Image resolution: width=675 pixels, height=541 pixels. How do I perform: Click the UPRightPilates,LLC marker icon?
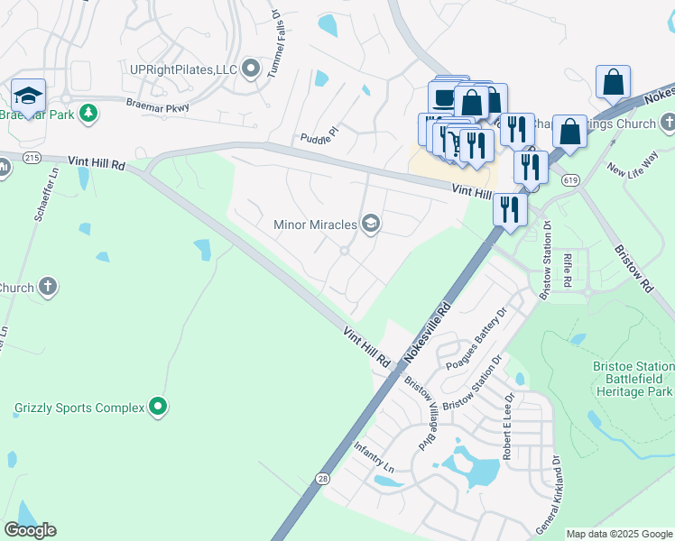pos(250,69)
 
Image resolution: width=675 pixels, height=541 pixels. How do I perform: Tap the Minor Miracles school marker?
pos(370,224)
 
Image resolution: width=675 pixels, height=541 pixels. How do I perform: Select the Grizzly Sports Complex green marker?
pos(158,408)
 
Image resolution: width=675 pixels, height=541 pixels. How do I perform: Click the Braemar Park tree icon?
pos(88,113)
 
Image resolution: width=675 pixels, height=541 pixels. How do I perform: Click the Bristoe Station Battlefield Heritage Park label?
pos(633,379)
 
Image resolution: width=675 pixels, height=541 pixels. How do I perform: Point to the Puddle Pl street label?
pos(319,135)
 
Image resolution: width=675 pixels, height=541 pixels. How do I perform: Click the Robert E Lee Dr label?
pos(510,426)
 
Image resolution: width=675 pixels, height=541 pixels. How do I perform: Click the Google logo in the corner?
pos(31,529)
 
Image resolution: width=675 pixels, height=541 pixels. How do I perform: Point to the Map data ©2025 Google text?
pos(619,534)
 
